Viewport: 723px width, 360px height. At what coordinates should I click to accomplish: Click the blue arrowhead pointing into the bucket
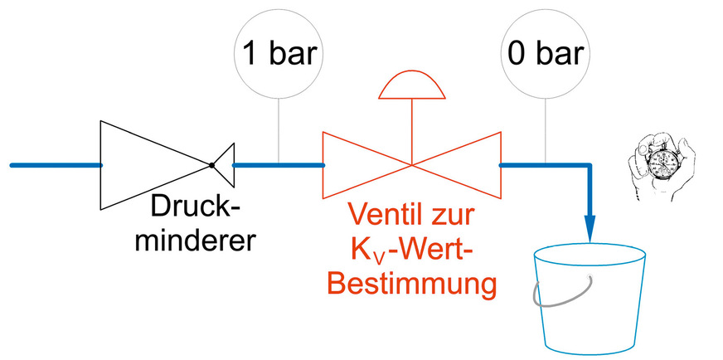tap(590, 227)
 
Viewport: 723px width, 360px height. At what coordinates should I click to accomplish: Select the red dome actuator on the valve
tap(412, 85)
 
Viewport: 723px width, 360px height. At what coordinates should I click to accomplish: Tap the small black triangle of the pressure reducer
tap(225, 164)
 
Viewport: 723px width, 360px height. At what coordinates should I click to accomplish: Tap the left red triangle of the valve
tap(357, 164)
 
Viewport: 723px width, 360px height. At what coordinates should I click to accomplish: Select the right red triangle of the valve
tap(468, 164)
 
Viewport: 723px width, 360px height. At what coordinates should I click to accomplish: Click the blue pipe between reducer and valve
tap(278, 165)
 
